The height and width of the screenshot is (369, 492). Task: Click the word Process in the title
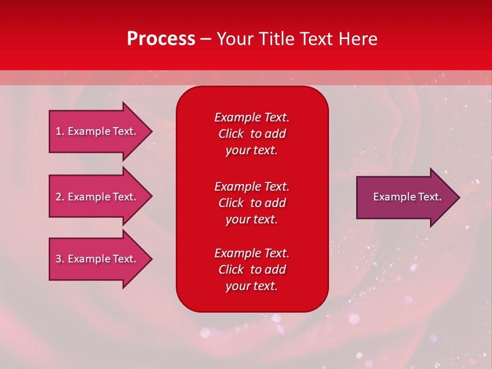click(x=161, y=39)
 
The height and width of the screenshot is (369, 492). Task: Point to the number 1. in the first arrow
click(x=60, y=131)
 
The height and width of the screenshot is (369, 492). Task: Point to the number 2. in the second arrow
click(x=60, y=197)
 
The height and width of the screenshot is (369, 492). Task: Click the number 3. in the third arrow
click(x=60, y=259)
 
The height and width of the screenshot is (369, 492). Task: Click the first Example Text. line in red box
click(x=252, y=117)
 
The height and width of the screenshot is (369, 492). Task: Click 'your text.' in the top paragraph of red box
click(x=252, y=151)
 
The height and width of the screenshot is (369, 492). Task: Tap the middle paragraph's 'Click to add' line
click(x=252, y=203)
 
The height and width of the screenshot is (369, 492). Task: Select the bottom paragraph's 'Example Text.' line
click(x=252, y=253)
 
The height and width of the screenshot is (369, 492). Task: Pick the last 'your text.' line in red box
click(x=252, y=286)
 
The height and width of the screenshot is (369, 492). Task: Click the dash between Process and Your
click(x=206, y=39)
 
